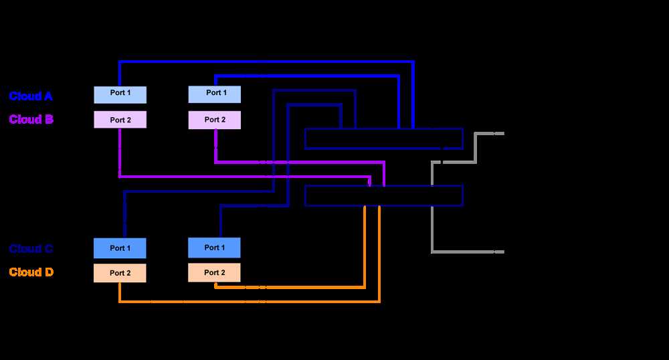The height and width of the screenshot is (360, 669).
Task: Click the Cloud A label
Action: tap(31, 96)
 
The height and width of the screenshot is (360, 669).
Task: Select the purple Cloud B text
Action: tap(31, 120)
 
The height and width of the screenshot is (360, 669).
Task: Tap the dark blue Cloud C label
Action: tap(31, 249)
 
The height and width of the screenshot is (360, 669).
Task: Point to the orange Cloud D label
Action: tap(31, 272)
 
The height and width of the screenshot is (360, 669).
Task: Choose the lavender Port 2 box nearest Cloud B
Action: tap(120, 120)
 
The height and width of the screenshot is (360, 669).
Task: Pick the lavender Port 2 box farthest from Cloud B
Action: tap(215, 120)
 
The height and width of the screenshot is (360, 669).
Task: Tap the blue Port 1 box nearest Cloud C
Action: tap(120, 248)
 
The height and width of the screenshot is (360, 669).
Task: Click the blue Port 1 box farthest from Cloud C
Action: tap(215, 248)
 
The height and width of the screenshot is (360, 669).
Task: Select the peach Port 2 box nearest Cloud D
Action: tap(120, 273)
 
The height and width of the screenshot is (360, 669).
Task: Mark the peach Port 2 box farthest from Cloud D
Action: tap(215, 272)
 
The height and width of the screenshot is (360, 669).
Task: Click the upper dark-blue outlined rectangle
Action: tap(383, 139)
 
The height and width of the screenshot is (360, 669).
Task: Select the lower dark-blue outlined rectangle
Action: tap(383, 195)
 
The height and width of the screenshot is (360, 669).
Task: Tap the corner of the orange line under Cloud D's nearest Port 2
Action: tap(120, 302)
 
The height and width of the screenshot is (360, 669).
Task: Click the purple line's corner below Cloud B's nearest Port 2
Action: tap(120, 177)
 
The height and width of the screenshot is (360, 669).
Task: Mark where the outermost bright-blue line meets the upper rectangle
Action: tap(413, 128)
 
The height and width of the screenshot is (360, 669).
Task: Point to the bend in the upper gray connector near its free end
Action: tap(476, 134)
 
